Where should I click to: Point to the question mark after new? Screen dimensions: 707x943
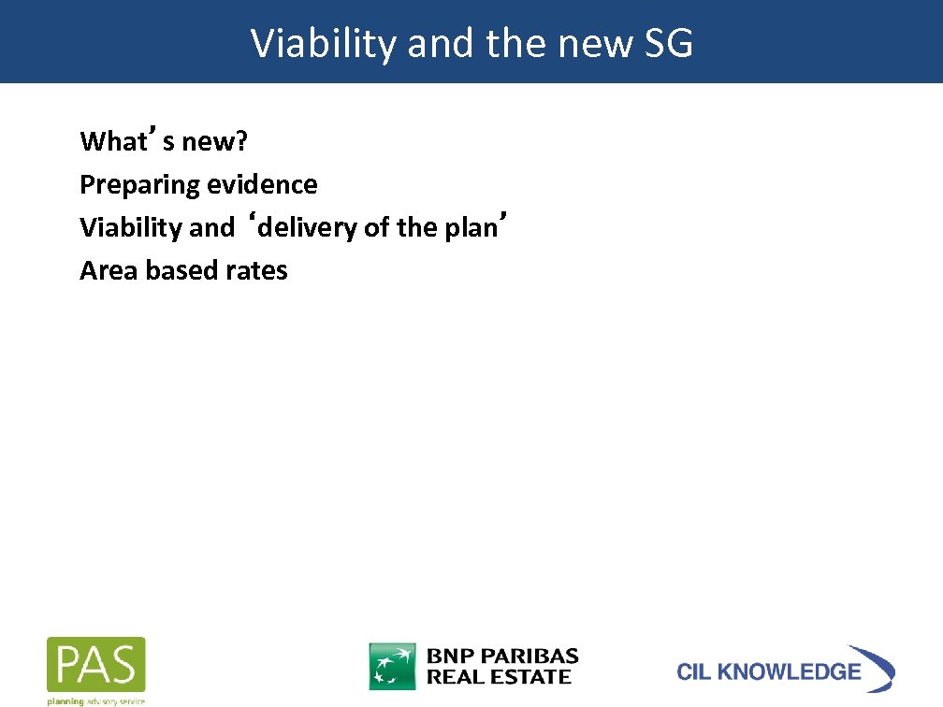click(x=241, y=142)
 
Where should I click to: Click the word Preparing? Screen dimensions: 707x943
click(x=139, y=185)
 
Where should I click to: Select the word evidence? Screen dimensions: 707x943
click(x=262, y=185)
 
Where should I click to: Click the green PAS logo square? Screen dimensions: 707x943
click(x=96, y=665)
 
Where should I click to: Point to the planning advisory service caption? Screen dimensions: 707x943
click(x=96, y=700)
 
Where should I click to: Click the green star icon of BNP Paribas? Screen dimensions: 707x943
click(x=393, y=666)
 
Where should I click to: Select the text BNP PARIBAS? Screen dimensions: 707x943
click(x=502, y=656)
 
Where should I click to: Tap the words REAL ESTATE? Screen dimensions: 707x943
click(x=499, y=677)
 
